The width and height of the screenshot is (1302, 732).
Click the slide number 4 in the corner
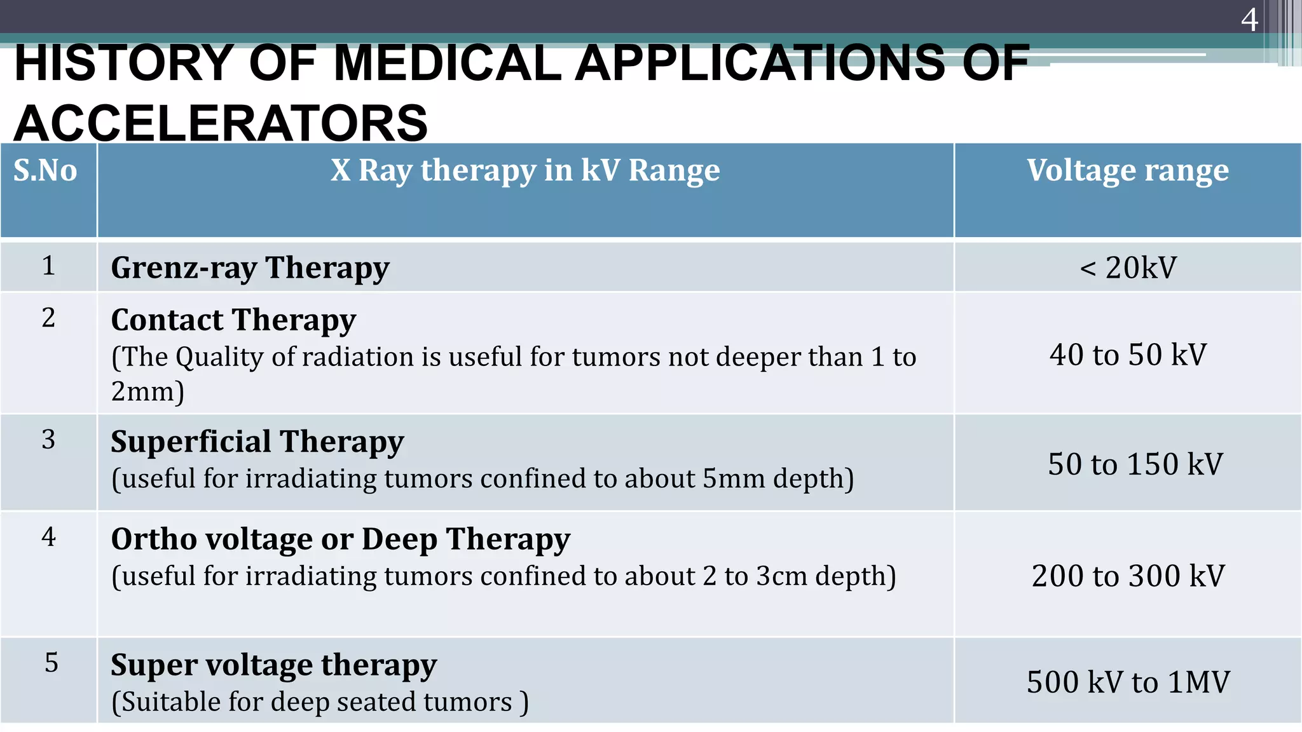point(1249,20)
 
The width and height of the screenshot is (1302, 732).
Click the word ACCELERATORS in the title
point(221,123)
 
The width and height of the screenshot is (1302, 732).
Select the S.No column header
point(45,170)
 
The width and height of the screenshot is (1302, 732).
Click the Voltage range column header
point(1127,170)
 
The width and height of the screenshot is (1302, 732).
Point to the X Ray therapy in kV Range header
point(525,170)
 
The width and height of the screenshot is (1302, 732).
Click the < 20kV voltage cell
point(1127,268)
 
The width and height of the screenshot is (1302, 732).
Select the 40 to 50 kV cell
point(1127,355)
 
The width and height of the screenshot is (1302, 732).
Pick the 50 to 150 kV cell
point(1135,464)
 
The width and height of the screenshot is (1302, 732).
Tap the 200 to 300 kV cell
point(1127,576)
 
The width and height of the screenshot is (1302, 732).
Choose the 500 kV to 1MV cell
point(1127,682)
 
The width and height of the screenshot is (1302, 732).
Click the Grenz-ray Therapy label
point(250,268)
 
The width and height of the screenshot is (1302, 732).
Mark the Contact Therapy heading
point(233,320)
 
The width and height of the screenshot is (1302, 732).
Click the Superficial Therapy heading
point(257,442)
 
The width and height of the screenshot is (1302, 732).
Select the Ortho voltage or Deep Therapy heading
point(340,539)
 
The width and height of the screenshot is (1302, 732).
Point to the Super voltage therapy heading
point(273,665)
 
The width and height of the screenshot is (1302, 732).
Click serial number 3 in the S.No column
point(48,440)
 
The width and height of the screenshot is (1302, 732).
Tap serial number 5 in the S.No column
point(51,663)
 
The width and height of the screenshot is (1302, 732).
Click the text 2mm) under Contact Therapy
point(147,391)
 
